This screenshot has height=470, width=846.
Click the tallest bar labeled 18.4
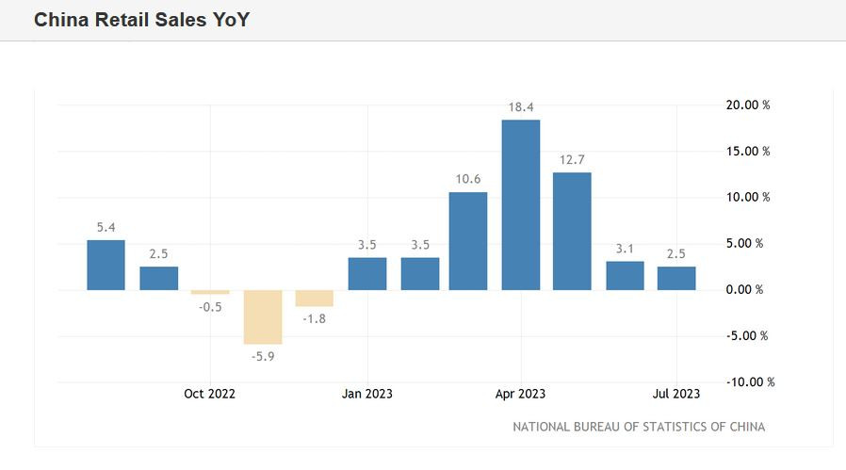point(521,204)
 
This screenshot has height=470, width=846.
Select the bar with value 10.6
point(468,240)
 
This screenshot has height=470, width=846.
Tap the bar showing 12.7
point(572,231)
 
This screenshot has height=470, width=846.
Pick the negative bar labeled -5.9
point(263,316)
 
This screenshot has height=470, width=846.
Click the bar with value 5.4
point(106,265)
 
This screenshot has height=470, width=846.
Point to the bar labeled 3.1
point(625,275)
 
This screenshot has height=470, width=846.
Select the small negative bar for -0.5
point(210,292)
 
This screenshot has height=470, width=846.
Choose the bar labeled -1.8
point(315,298)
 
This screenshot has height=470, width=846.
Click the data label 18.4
point(521,107)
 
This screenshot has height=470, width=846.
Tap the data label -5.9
point(263,357)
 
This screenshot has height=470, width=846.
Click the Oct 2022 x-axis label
point(210,394)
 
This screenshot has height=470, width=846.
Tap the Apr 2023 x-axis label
point(520,394)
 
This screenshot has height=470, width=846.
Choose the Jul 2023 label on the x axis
point(675,394)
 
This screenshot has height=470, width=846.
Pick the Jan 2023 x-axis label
point(367,394)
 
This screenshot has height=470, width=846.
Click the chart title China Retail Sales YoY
point(142,20)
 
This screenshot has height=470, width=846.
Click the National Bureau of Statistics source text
point(639,427)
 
